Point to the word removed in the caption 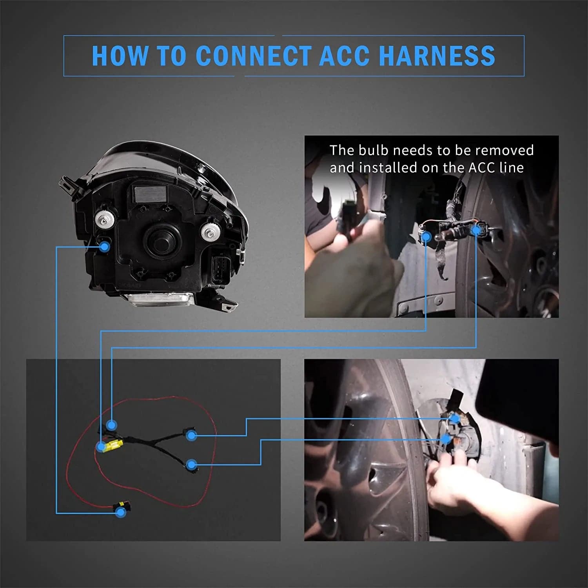click(x=506, y=150)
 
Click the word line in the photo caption click(x=512, y=168)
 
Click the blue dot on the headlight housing click(x=105, y=247)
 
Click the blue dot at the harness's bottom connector click(x=120, y=512)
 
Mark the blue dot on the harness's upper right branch click(x=191, y=435)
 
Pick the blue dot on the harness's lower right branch click(x=191, y=465)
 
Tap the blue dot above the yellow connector click(x=112, y=425)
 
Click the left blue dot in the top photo click(x=426, y=236)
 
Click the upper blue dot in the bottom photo click(x=455, y=419)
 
